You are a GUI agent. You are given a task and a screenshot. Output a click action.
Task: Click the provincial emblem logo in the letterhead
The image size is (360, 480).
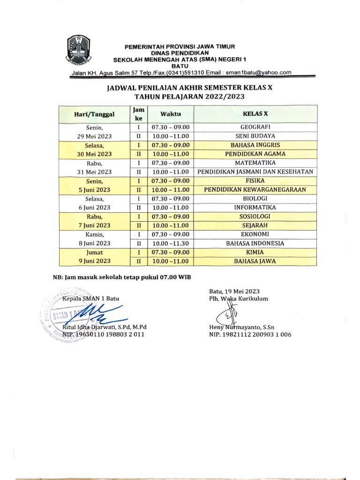pyautogui.click(x=79, y=50)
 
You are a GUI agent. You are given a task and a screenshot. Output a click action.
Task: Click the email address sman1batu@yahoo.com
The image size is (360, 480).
pyautogui.click(x=258, y=72)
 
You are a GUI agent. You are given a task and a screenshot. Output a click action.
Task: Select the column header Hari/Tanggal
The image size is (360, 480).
pyautogui.click(x=94, y=114)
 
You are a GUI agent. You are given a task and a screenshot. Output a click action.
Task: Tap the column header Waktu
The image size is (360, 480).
pyautogui.click(x=170, y=114)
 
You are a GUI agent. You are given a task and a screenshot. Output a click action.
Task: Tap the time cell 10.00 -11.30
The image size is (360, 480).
pyautogui.click(x=170, y=243)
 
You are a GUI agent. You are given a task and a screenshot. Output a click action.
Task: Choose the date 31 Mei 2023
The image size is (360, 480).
pyautogui.click(x=94, y=172)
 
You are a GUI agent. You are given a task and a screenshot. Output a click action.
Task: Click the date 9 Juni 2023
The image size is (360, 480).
pyautogui.click(x=94, y=261)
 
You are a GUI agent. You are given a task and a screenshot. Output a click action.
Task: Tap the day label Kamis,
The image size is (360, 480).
pyautogui.click(x=94, y=234)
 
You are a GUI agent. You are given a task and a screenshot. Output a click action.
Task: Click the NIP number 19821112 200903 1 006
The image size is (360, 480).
pyautogui.click(x=250, y=335)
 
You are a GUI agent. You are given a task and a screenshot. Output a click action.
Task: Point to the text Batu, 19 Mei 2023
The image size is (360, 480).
pyautogui.click(x=234, y=291)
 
